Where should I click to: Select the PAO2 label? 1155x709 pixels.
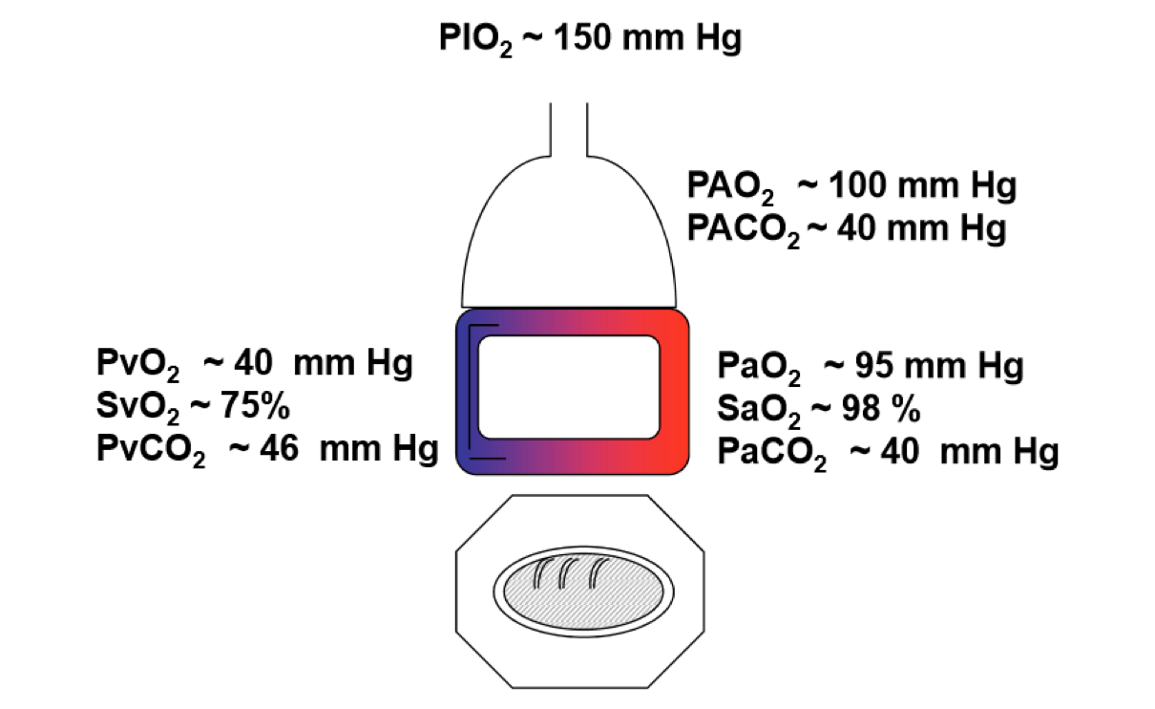730,186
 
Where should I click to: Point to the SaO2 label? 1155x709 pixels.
760,411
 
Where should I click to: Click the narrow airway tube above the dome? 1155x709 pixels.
568,124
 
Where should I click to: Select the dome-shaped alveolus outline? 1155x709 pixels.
569,239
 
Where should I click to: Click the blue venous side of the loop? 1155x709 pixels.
469,392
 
